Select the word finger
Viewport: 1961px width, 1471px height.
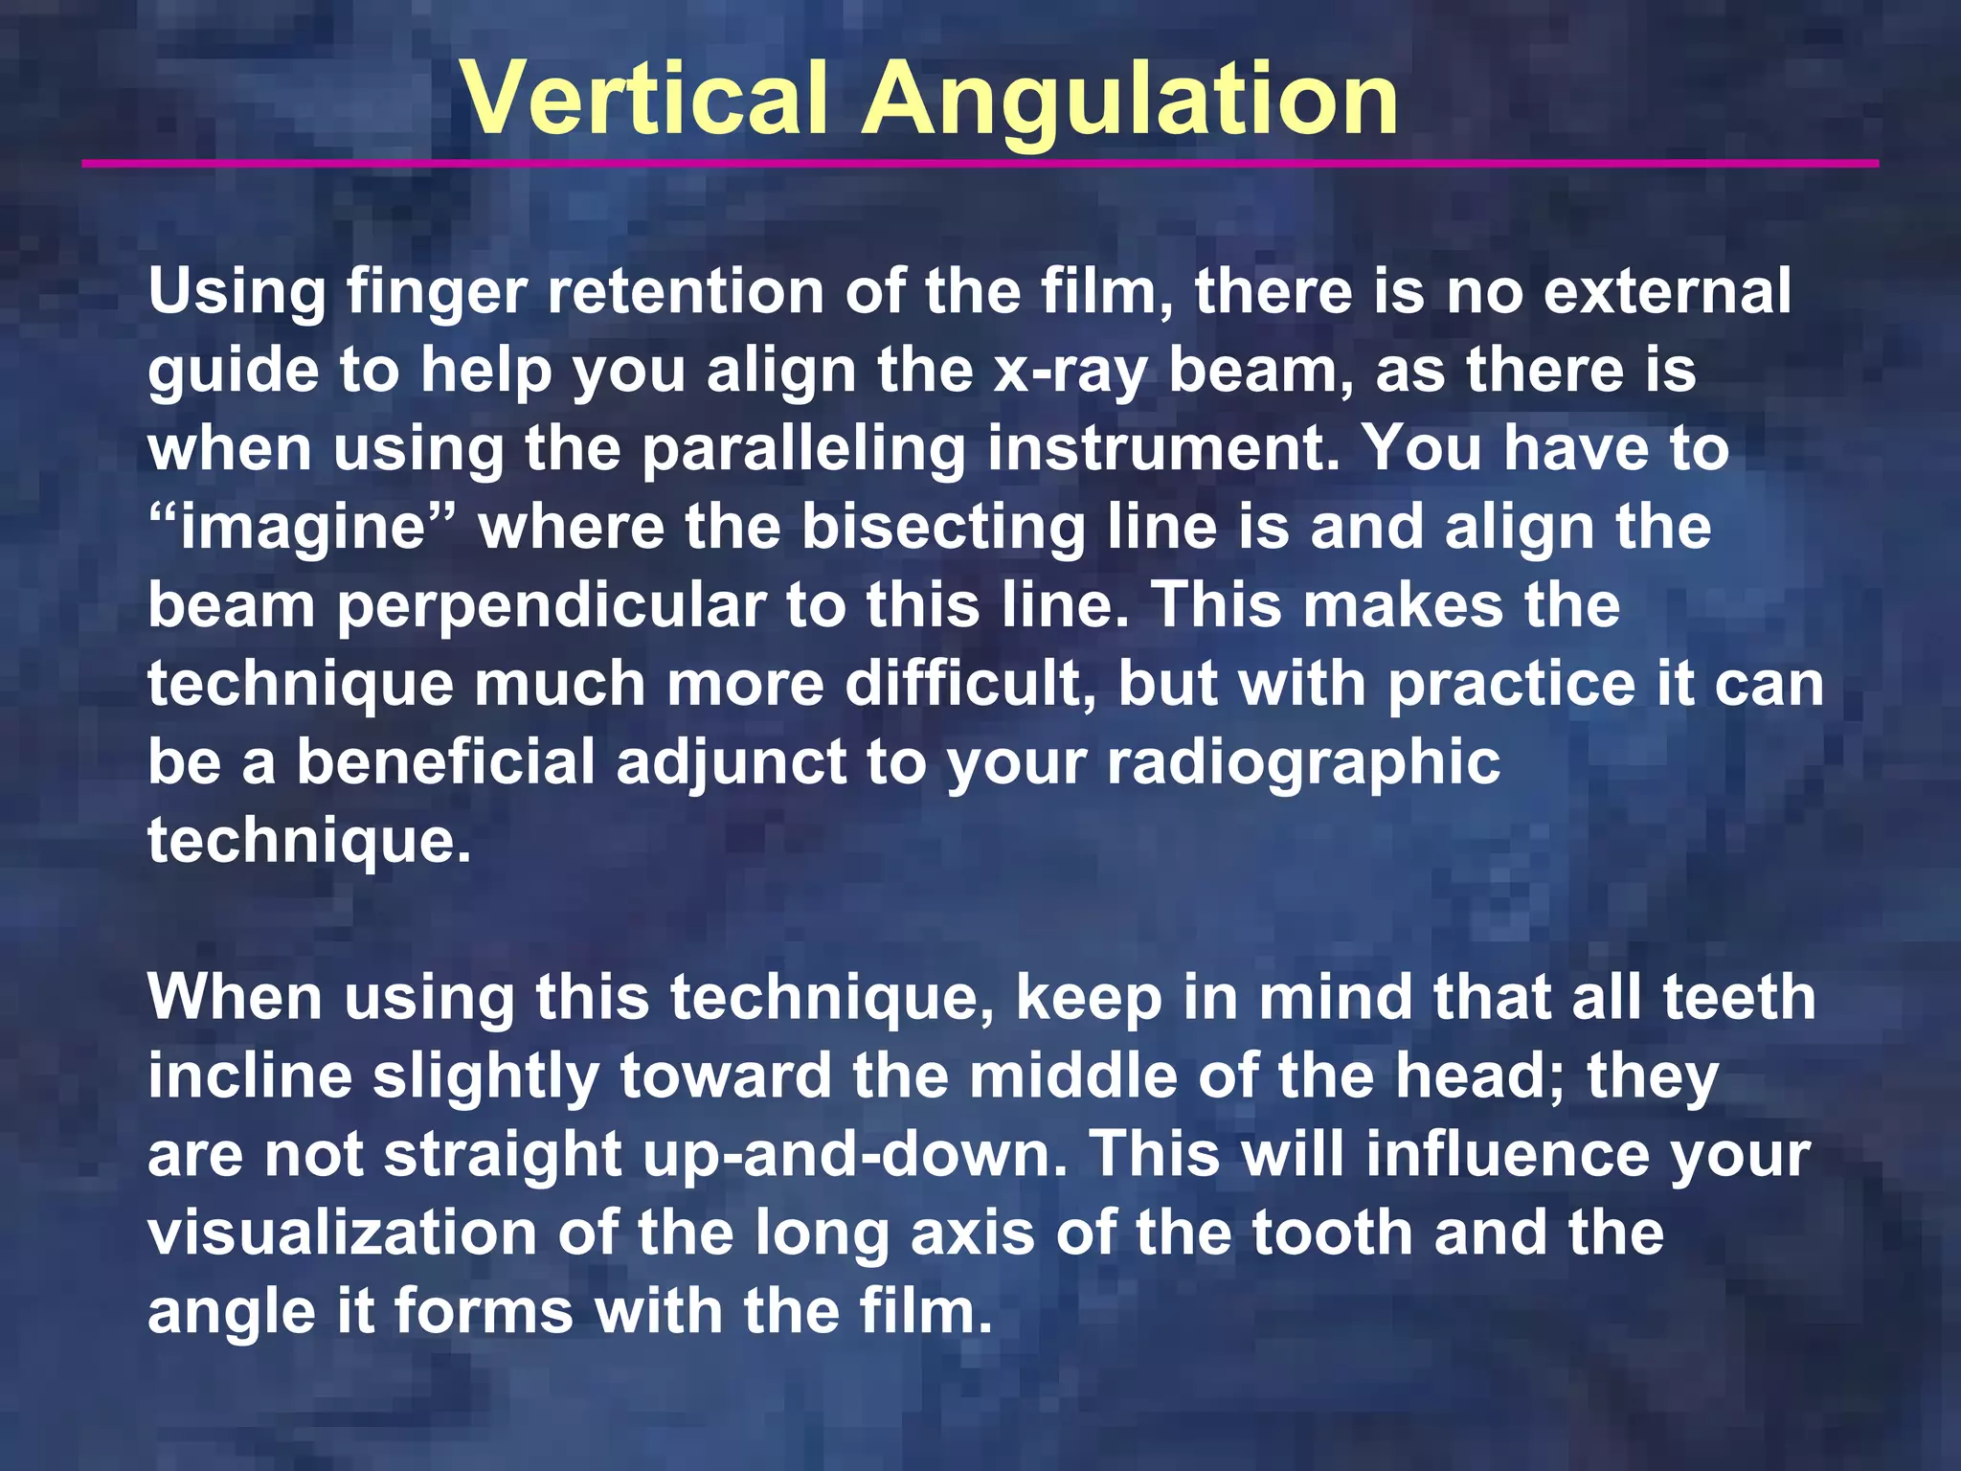[436, 292]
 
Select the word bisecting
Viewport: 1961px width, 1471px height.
[942, 528]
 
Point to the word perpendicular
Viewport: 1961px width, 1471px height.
[551, 606]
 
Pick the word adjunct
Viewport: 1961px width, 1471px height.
[732, 764]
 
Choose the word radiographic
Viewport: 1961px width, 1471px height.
[1303, 764]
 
